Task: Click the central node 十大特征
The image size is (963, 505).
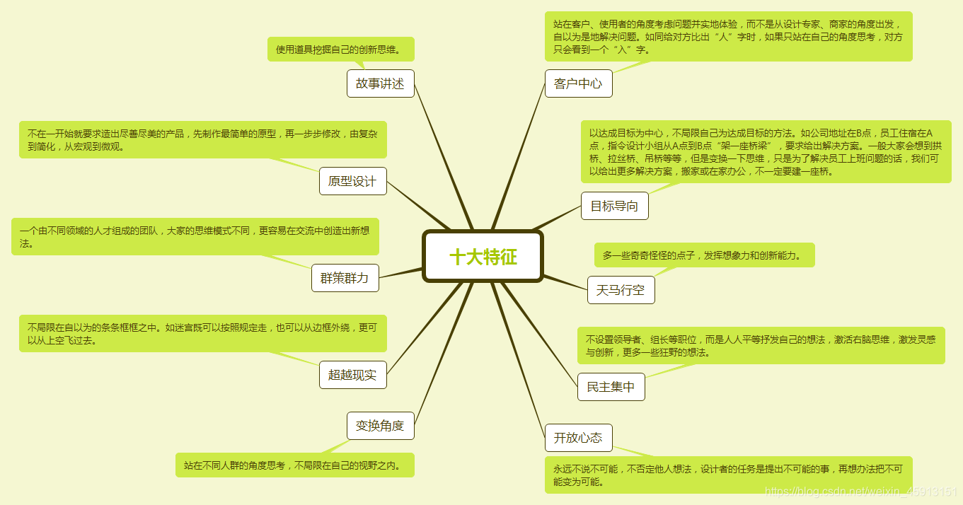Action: pyautogui.click(x=483, y=256)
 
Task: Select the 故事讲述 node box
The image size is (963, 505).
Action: pyautogui.click(x=380, y=83)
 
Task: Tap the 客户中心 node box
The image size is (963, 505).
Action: pyautogui.click(x=578, y=83)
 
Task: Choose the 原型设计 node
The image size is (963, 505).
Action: pyautogui.click(x=352, y=181)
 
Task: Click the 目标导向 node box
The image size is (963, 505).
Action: pyautogui.click(x=614, y=206)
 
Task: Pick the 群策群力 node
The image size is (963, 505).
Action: pyautogui.click(x=345, y=278)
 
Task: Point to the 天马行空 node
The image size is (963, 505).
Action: pyautogui.click(x=621, y=290)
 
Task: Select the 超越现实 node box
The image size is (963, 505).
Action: pyautogui.click(x=352, y=374)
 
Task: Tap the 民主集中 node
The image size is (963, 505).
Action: pyautogui.click(x=611, y=387)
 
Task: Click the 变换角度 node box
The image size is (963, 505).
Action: pyautogui.click(x=380, y=426)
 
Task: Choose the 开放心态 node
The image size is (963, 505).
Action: pyautogui.click(x=578, y=438)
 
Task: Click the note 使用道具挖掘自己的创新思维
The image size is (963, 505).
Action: pyautogui.click(x=340, y=50)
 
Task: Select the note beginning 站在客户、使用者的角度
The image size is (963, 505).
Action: pyautogui.click(x=728, y=36)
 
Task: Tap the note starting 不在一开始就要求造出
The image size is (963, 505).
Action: pyautogui.click(x=202, y=139)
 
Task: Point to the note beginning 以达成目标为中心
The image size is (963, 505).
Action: pyautogui.click(x=766, y=151)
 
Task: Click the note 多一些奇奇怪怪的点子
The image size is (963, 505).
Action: pyautogui.click(x=704, y=255)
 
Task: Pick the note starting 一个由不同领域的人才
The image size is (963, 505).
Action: pyautogui.click(x=195, y=236)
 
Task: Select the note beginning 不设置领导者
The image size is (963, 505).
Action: pyautogui.click(x=761, y=345)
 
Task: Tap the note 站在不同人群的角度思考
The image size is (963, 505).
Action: pyautogui.click(x=294, y=465)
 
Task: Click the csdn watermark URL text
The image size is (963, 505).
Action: pyautogui.click(x=861, y=492)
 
